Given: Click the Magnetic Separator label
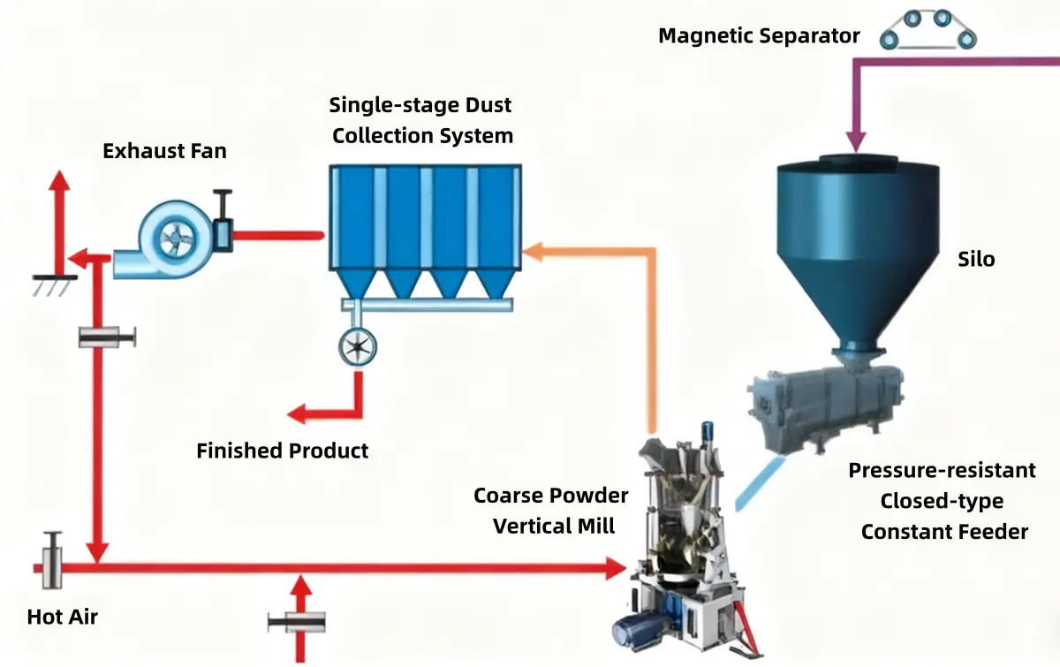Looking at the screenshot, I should click(x=759, y=36).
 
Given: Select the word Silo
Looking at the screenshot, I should click(x=976, y=260).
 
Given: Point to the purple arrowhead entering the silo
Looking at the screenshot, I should click(x=854, y=141).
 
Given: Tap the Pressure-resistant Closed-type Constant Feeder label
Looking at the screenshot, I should click(x=943, y=501).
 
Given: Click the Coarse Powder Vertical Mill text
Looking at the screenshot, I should click(x=552, y=511).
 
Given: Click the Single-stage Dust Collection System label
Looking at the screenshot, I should click(x=421, y=121).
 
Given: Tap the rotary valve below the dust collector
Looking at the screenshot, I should click(x=358, y=346).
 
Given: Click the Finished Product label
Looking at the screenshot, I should click(x=282, y=451).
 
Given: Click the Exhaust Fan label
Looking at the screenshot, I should click(x=164, y=151).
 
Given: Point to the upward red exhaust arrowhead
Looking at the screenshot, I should click(x=59, y=182).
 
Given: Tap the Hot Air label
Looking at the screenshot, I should click(x=62, y=617).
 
